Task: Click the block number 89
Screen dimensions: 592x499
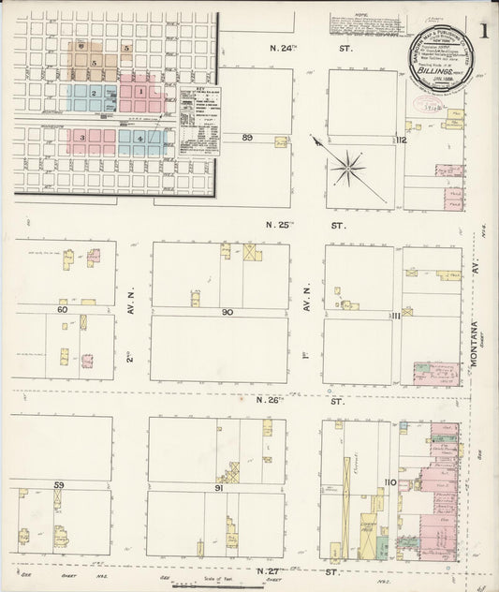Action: (248, 138)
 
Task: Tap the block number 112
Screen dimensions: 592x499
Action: (400, 141)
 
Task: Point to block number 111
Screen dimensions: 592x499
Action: (395, 317)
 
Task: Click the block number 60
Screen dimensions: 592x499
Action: (63, 308)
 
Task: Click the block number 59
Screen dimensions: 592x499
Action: (59, 483)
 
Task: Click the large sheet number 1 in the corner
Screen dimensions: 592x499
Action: (482, 29)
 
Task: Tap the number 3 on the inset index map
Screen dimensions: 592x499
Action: (82, 139)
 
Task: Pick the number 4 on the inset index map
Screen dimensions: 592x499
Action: (140, 139)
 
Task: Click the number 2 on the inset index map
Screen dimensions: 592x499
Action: (93, 93)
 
